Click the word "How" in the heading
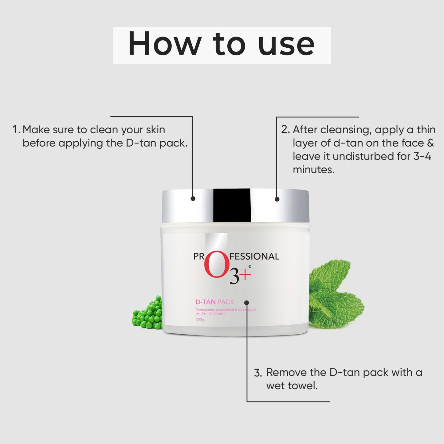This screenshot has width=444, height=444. [164, 44]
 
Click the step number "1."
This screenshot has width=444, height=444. [16, 130]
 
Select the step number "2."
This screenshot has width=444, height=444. [285, 130]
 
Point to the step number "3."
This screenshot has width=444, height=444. [258, 373]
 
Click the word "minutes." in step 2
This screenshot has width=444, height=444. [313, 170]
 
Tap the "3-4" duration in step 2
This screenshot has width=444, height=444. [422, 156]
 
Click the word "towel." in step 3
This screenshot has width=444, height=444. [292, 386]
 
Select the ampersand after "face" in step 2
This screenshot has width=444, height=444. [430, 143]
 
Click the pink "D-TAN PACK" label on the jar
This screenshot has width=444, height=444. [215, 302]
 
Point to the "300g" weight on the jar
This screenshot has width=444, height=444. [200, 320]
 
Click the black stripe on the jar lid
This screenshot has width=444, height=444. [232, 205]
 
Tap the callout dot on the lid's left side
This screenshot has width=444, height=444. [193, 198]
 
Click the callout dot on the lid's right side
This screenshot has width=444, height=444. [277, 199]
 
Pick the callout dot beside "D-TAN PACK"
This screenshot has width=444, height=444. [247, 302]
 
